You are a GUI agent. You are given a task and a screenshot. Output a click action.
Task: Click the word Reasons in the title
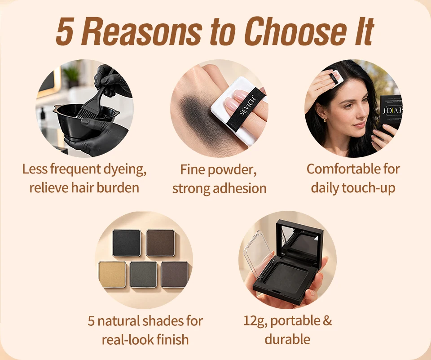point(141,31)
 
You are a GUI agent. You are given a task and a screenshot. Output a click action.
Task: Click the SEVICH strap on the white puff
point(246,109)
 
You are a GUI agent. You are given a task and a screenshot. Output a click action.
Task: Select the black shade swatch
point(127,243)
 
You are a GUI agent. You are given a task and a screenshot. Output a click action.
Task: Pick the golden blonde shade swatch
point(112,275)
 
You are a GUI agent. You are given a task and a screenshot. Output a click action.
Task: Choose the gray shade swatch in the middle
point(144,275)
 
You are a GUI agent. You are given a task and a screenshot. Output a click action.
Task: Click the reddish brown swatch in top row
point(160,243)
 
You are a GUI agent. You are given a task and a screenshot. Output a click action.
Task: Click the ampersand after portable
point(327,321)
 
